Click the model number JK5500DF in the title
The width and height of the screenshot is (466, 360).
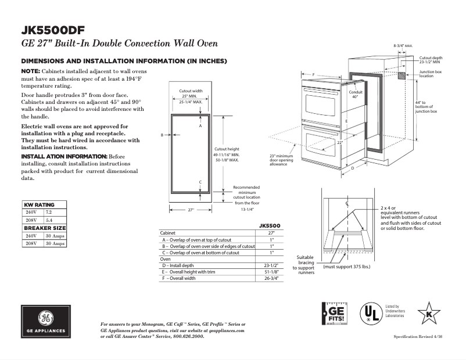pyautogui.click(x=56, y=30)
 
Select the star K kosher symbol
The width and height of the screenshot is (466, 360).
pyautogui.click(x=429, y=314)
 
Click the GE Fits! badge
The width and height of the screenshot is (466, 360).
pyautogui.click(x=334, y=314)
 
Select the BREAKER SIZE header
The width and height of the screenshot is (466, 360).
pyautogui.click(x=44, y=228)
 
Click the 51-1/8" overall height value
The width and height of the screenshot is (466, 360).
pyautogui.click(x=269, y=272)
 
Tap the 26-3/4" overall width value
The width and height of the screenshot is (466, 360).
pyautogui.click(x=269, y=279)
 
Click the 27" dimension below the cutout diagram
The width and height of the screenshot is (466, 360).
pyautogui.click(x=190, y=210)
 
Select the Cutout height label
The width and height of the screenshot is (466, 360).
pyautogui.click(x=226, y=149)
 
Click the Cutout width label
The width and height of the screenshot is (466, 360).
pyautogui.click(x=191, y=91)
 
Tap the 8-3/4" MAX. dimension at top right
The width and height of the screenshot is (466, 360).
pyautogui.click(x=403, y=45)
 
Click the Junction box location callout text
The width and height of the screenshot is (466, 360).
pyautogui.click(x=431, y=74)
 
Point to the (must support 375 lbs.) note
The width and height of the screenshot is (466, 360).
pyautogui.click(x=347, y=267)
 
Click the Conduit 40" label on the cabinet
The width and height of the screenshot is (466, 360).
pyautogui.click(x=355, y=94)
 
